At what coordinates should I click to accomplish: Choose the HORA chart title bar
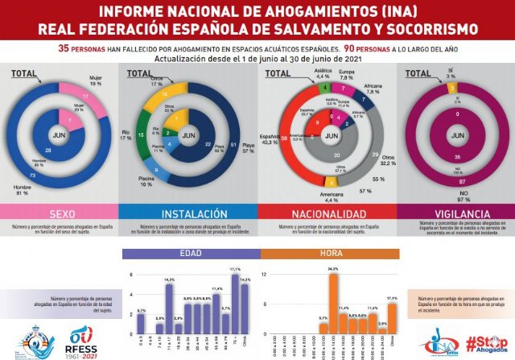tap(329, 254)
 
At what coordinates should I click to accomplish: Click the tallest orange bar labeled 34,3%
tap(333, 306)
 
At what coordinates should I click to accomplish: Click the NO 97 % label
tap(485, 193)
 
